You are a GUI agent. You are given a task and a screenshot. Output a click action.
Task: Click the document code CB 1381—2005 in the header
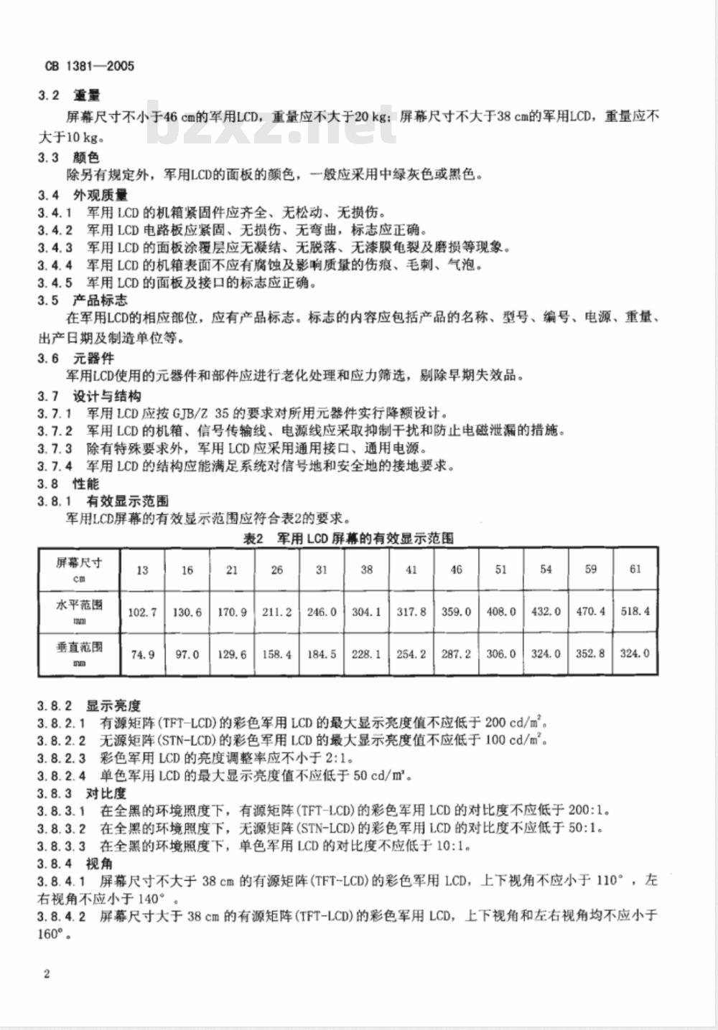(90, 66)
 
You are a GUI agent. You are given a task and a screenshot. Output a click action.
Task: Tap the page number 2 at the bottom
(47, 973)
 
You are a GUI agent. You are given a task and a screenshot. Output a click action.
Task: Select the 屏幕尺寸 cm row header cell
(79, 570)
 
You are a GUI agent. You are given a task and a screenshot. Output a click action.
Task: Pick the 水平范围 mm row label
(79, 611)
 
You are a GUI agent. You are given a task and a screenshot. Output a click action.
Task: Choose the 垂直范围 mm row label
(79, 653)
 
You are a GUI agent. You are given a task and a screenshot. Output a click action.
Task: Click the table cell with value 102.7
(142, 612)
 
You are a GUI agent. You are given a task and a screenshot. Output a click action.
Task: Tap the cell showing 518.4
(635, 612)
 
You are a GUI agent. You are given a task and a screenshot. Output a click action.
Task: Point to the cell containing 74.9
(142, 654)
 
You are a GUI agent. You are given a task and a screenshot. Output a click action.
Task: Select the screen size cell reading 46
(456, 570)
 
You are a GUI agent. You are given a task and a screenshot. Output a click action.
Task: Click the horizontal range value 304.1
(366, 612)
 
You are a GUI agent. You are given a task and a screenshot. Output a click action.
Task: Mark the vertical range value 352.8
(591, 654)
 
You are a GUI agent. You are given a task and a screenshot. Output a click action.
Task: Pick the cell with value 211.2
(277, 612)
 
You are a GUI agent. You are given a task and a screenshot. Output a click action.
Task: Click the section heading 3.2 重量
(69, 95)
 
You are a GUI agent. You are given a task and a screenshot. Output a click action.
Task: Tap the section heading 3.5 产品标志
(83, 300)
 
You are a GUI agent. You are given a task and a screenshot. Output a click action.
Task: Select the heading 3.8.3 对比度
(82, 793)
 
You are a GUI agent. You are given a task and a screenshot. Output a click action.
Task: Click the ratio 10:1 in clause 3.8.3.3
(453, 846)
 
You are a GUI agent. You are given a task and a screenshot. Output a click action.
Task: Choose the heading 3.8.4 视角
(75, 864)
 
